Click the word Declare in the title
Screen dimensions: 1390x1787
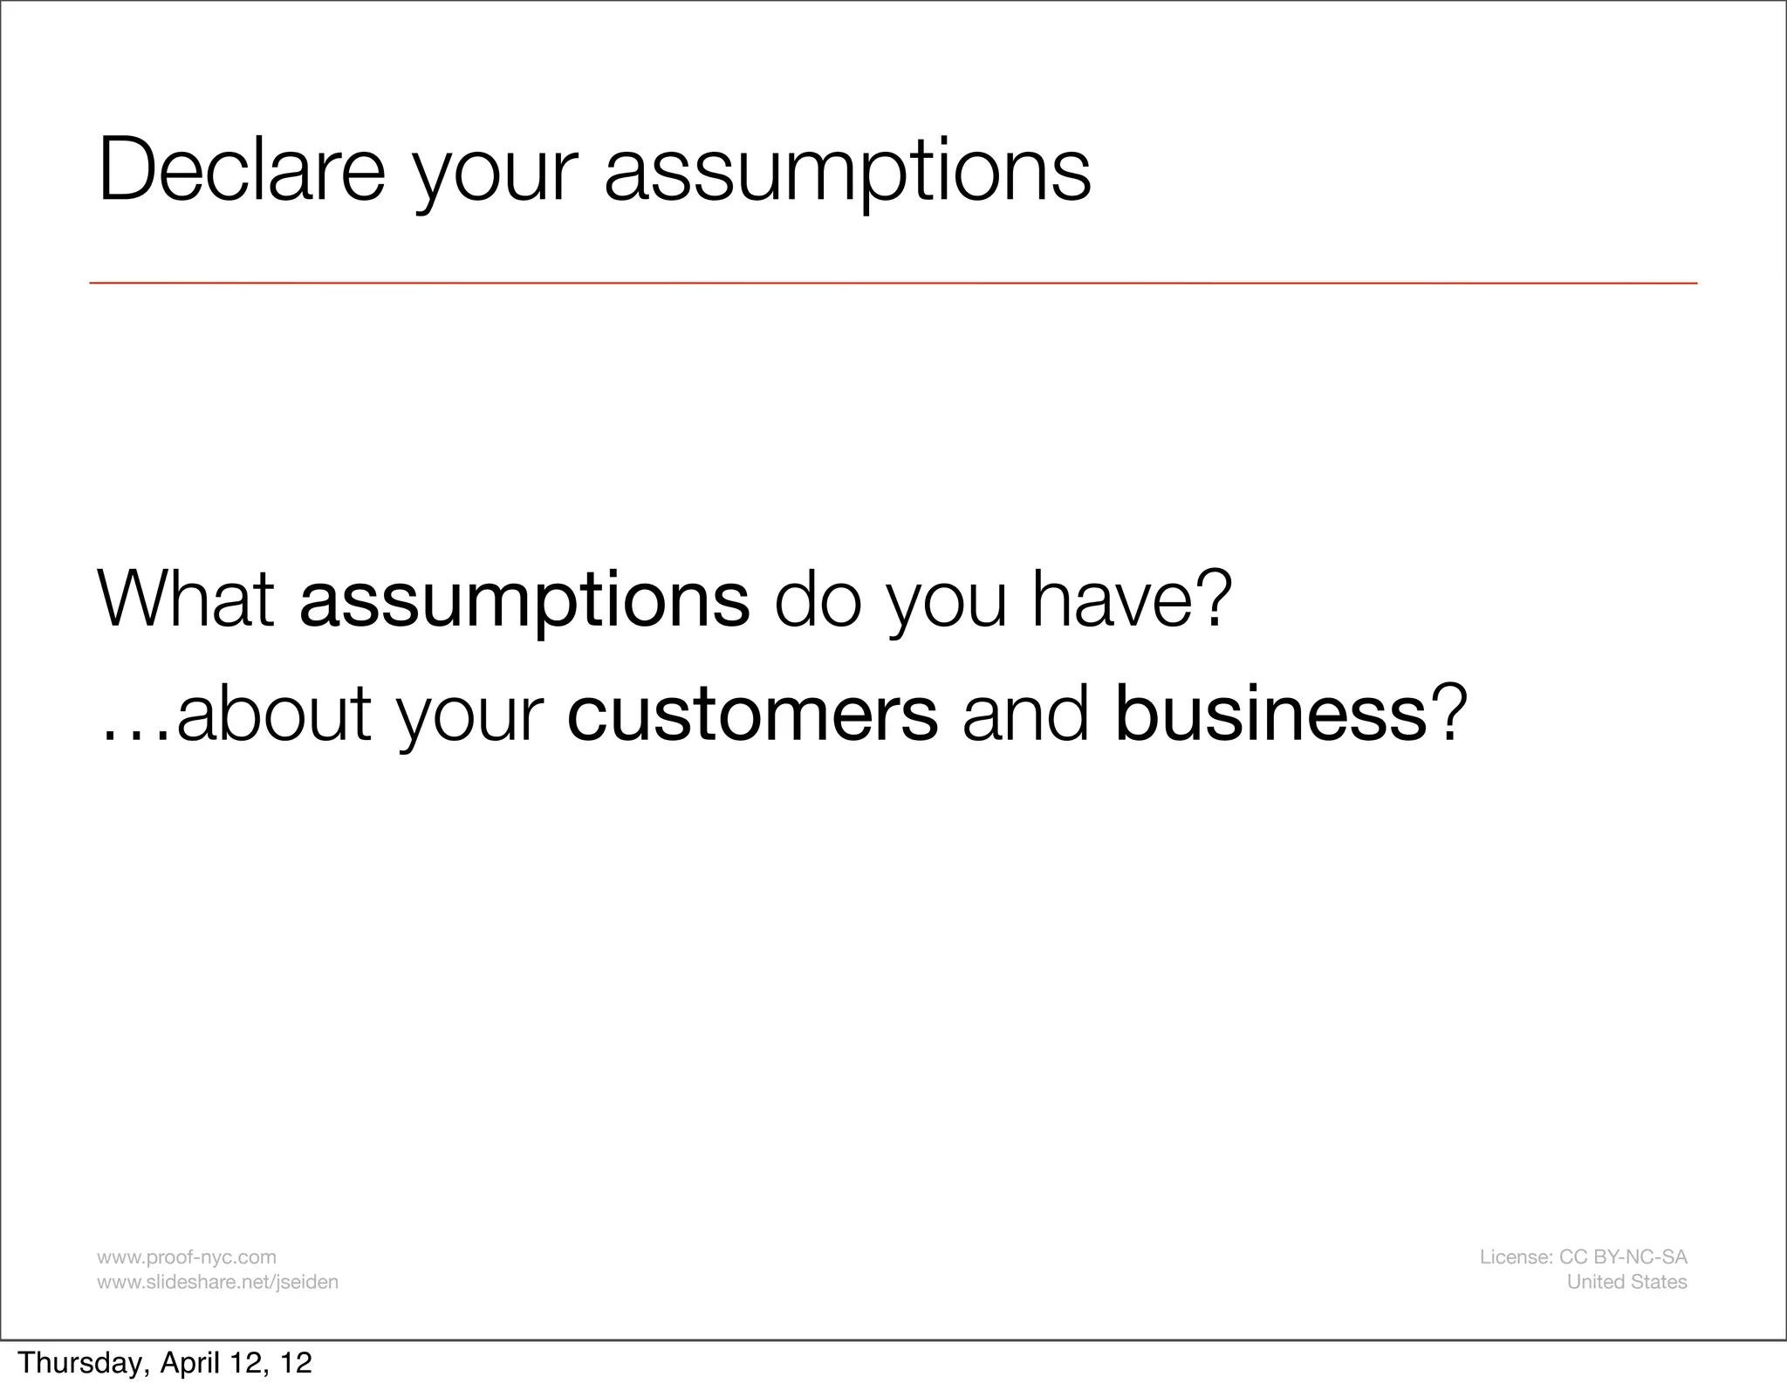(x=242, y=169)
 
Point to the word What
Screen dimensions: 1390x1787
(x=186, y=599)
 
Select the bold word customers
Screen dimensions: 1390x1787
(x=752, y=715)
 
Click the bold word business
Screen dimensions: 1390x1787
(x=1270, y=715)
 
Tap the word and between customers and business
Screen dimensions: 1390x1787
(x=1026, y=715)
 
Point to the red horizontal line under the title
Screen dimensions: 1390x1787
(x=893, y=284)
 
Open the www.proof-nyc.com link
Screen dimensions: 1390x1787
(x=187, y=1257)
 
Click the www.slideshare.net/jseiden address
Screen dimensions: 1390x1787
(x=217, y=1282)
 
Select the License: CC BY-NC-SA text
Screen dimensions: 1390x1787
(x=1583, y=1257)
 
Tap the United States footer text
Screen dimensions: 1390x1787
(x=1626, y=1282)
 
